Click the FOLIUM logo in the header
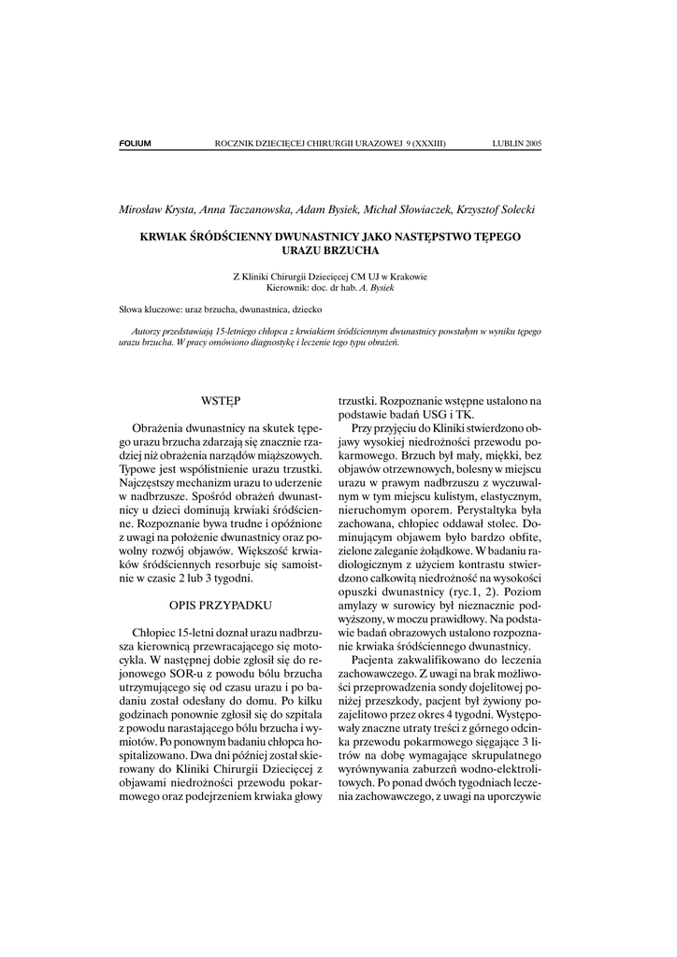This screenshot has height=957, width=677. point(135,144)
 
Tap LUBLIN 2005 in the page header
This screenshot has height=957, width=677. point(516,144)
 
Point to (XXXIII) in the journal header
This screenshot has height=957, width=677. point(426,144)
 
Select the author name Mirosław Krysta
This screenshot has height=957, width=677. point(153,209)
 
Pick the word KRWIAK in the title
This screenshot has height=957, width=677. point(164,238)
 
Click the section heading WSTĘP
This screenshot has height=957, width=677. point(221,401)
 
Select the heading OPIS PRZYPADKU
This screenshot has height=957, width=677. point(221,606)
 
